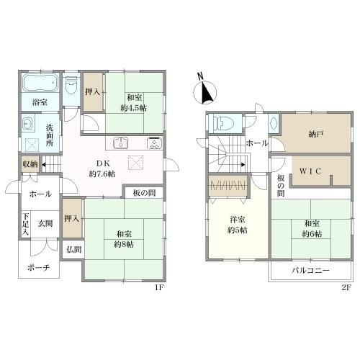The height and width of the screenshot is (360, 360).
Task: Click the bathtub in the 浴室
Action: (x=40, y=83)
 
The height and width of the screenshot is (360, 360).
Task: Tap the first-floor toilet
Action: (x=71, y=86)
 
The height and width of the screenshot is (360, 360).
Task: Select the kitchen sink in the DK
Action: (x=120, y=143)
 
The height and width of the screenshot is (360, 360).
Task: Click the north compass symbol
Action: (x=204, y=90)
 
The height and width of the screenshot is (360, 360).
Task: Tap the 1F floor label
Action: (x=159, y=288)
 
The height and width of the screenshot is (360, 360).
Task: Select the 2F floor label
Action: (x=346, y=288)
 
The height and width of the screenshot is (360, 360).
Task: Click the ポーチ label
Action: (x=38, y=268)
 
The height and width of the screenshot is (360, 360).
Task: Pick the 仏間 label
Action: (x=74, y=250)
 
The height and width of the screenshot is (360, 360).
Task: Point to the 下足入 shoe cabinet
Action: (x=26, y=224)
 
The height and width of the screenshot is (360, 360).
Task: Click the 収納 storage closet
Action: (x=30, y=164)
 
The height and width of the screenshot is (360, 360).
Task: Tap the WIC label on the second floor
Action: (x=310, y=171)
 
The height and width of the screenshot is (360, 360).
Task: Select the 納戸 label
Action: (x=315, y=135)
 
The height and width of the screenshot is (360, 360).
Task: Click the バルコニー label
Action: (x=310, y=271)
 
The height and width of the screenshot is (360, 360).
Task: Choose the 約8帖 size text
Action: (x=124, y=245)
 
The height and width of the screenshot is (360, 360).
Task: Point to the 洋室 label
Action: (x=238, y=220)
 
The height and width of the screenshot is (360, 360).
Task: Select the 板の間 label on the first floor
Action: (x=144, y=193)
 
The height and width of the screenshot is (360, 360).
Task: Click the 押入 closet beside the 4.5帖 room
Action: (x=93, y=92)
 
